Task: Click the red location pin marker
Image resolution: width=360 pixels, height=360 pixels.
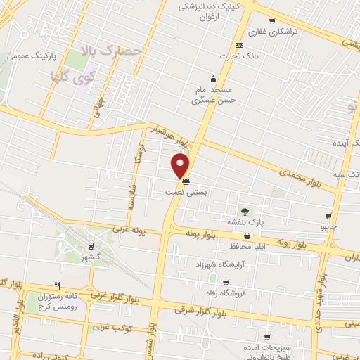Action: tap(181, 166)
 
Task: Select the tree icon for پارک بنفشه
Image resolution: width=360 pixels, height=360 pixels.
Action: tap(245, 210)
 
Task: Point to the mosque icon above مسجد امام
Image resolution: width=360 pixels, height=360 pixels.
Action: tap(212, 78)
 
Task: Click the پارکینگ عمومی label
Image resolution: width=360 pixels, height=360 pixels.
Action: tap(28, 54)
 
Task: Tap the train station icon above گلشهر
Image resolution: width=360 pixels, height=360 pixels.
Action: tap(91, 245)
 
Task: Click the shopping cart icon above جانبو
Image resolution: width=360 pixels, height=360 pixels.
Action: tap(328, 215)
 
